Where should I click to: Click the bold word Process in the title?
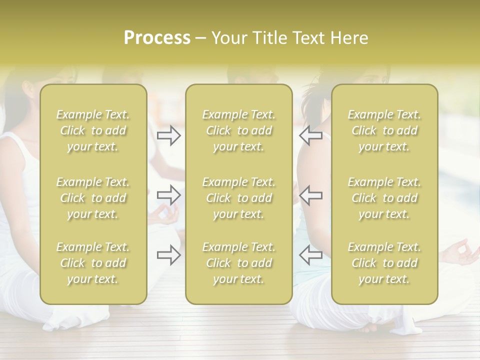pos(157,38)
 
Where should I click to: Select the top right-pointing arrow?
pos(168,135)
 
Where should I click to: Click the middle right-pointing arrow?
pos(168,195)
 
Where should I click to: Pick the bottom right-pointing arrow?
pos(168,255)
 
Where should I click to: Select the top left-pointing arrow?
pos(310,135)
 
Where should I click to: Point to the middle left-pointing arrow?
pos(310,195)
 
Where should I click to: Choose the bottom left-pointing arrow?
pos(310,255)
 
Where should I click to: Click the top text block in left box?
pos(93,130)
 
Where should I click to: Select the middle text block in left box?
pos(93,198)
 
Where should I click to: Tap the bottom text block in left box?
pos(93,263)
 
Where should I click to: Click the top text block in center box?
pos(238,130)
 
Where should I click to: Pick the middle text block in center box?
pos(238,198)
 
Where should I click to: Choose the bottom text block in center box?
pos(238,263)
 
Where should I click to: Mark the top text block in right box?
pos(384,130)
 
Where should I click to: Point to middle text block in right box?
pos(384,198)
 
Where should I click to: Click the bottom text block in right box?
pos(384,263)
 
